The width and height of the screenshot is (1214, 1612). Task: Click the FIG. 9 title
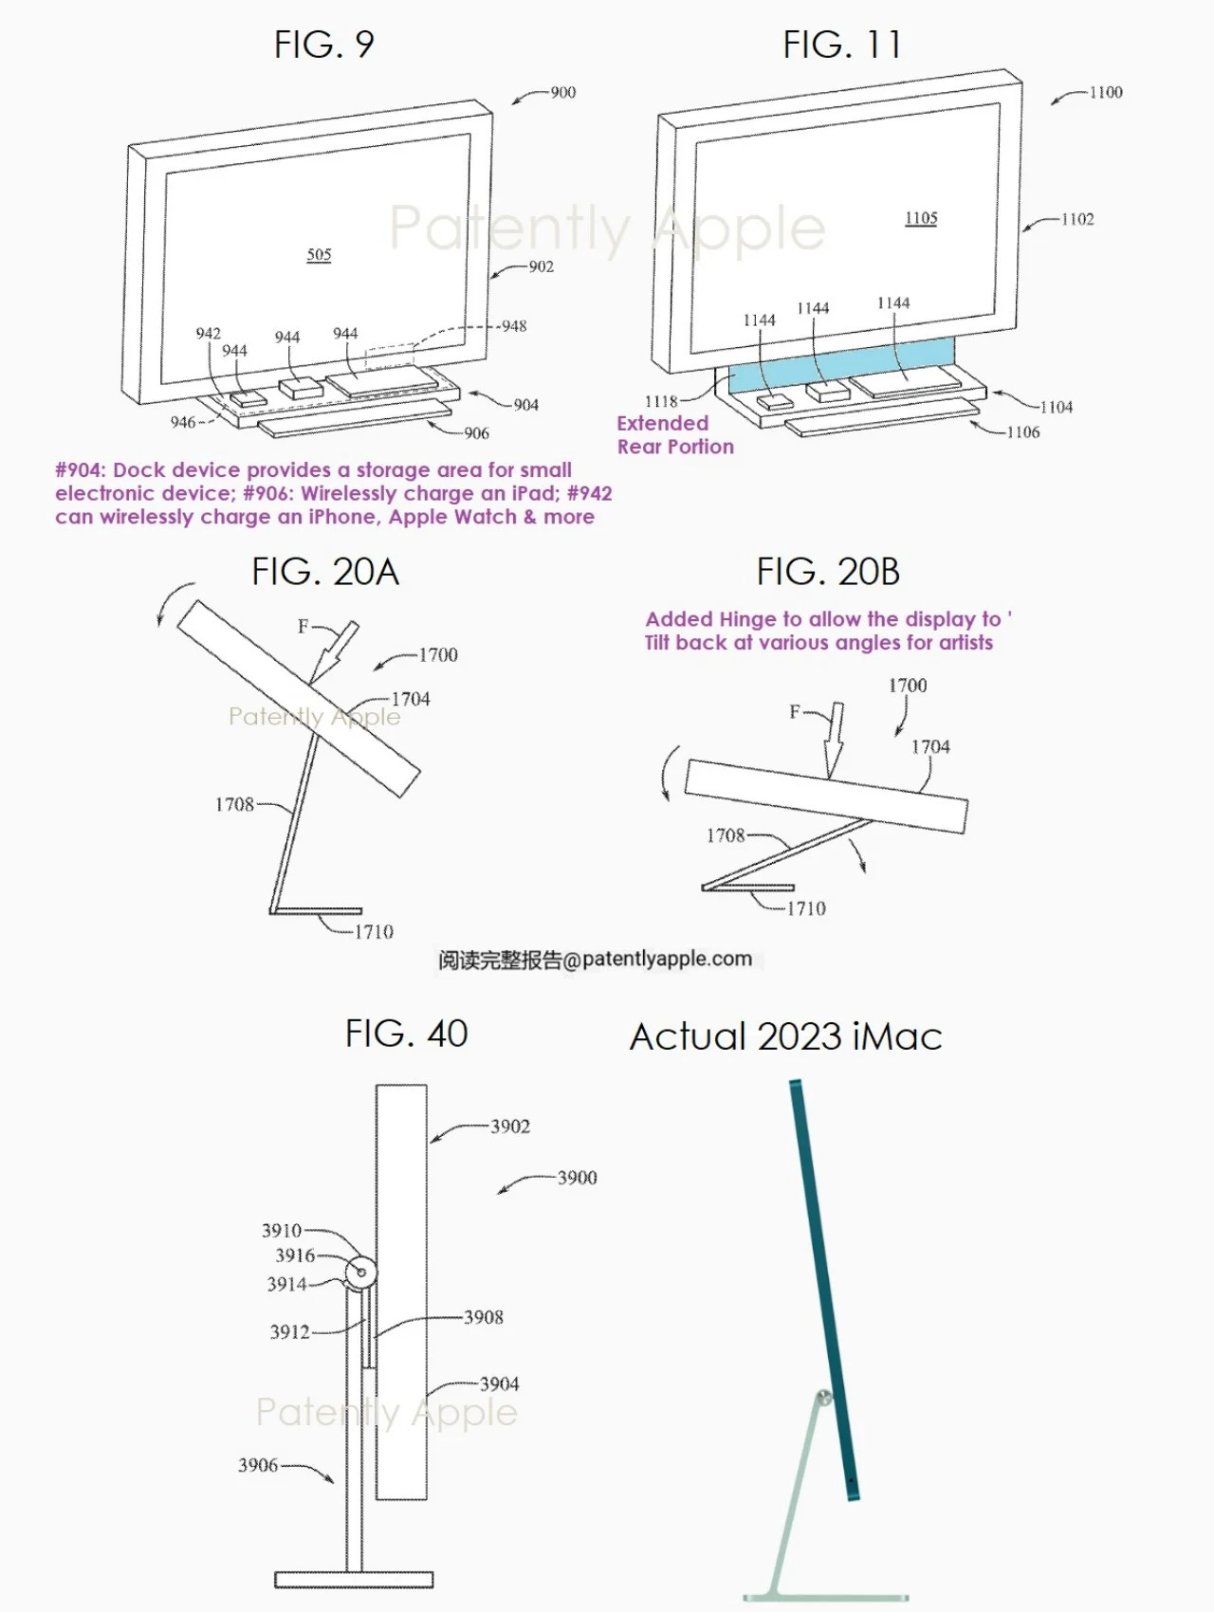(323, 45)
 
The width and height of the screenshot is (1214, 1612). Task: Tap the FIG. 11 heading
(841, 45)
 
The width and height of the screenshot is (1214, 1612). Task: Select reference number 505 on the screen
(319, 254)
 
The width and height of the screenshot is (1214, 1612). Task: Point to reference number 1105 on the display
(920, 218)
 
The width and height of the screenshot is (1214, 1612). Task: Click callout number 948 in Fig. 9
(513, 326)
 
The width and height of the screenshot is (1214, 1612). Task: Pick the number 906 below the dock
(476, 433)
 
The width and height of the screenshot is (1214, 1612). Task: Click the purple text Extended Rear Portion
(674, 435)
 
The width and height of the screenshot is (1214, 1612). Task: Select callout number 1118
(661, 401)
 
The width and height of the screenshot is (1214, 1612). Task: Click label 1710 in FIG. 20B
(806, 908)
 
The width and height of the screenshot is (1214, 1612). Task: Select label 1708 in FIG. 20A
(234, 804)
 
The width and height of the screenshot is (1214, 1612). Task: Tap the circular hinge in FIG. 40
(360, 1273)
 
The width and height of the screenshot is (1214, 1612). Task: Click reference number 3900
(577, 1178)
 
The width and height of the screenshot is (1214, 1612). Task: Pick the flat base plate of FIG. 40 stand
(354, 1579)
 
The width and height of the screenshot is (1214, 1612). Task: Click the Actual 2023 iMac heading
(785, 1036)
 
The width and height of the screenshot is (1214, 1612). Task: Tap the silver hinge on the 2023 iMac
(824, 1398)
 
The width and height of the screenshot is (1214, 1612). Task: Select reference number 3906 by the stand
(257, 1465)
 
